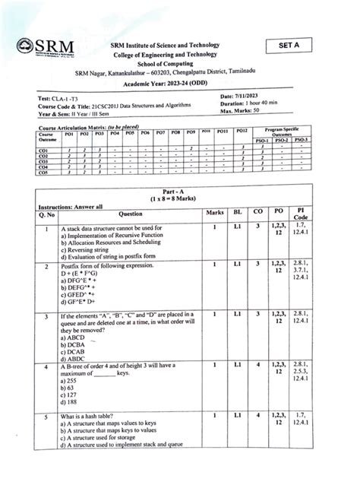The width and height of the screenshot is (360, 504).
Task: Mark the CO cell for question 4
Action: pyautogui.click(x=258, y=366)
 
